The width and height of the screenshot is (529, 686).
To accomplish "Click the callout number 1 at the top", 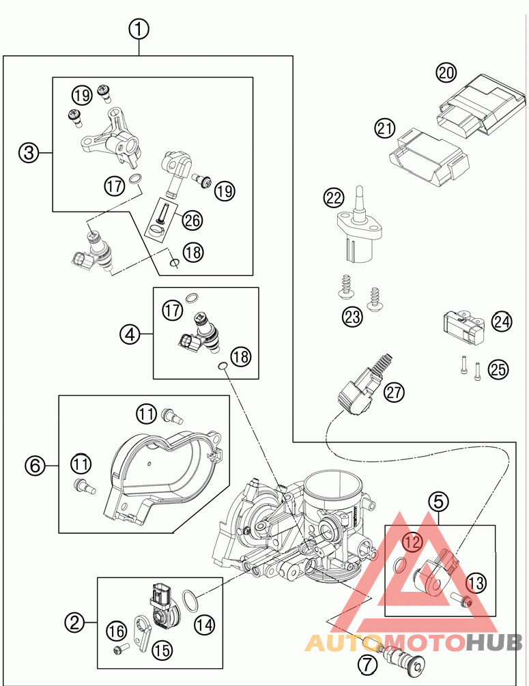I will (139, 29).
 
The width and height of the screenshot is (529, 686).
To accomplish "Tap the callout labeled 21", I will (385, 128).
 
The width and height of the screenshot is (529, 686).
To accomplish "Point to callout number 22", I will (334, 199).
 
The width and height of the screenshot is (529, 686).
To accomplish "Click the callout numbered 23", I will (353, 316).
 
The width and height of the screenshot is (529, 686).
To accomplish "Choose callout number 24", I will (502, 321).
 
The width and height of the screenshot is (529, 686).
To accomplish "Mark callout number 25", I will (499, 369).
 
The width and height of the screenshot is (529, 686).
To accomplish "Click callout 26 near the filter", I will (192, 220).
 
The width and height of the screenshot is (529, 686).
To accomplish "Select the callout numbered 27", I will (394, 392).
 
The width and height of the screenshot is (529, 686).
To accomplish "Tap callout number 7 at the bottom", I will (366, 663).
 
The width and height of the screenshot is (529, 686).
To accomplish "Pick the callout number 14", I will (203, 623).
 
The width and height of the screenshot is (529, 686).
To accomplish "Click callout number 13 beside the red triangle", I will (476, 582).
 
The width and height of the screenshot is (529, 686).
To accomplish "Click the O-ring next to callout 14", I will (192, 601).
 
